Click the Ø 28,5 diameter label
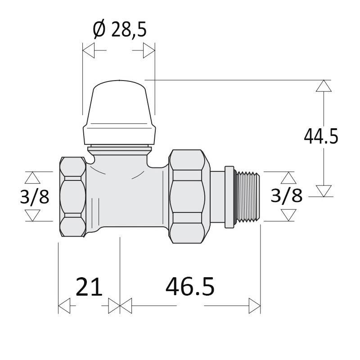120,29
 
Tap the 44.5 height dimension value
321,137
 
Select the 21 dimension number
89,287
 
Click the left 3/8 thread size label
35,197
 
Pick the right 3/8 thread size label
286,196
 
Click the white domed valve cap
119,112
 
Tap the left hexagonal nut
73,197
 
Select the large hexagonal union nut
189,196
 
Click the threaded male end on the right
248,197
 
